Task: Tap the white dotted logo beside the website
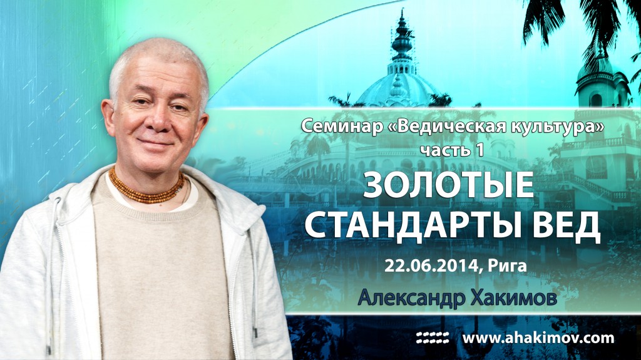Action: [x=433, y=339]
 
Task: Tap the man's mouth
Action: [x=148, y=145]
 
